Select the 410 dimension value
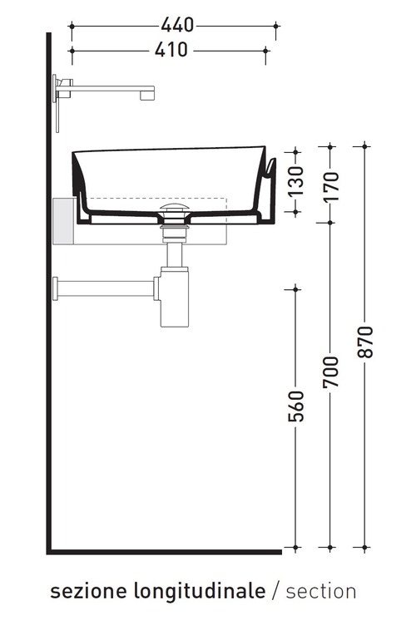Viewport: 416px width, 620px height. coord(172,50)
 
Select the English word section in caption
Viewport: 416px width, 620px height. coord(321,591)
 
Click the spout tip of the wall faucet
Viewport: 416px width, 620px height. coord(148,93)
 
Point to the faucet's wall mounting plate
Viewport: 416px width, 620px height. coord(57,101)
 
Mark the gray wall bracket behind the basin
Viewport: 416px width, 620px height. coord(63,220)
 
